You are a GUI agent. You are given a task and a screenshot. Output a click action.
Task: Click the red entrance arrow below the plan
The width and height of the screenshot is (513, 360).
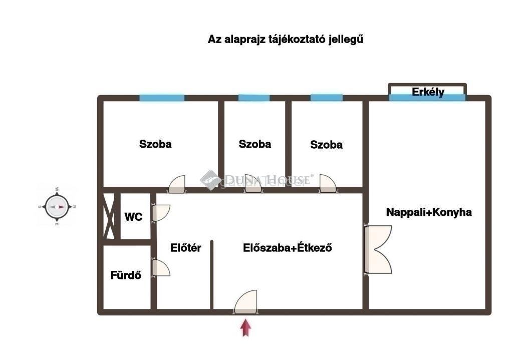[245, 328]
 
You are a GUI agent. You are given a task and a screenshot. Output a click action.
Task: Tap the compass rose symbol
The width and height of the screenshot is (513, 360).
[57, 207]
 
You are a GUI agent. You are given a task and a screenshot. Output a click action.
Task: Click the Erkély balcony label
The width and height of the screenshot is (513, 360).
[428, 92]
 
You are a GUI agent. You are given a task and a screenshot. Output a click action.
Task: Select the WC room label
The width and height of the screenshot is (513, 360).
[133, 217]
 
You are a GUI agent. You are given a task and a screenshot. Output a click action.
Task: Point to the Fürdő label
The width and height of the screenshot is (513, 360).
[126, 275]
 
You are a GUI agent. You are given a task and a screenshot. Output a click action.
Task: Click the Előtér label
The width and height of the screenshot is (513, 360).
[185, 248]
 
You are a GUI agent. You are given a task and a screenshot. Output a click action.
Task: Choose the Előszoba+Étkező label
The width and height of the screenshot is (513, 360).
[287, 248]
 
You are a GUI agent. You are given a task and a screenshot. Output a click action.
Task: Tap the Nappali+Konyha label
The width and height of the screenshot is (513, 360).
[429, 212]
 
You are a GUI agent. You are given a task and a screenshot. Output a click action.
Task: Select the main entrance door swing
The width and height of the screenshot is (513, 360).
[245, 302]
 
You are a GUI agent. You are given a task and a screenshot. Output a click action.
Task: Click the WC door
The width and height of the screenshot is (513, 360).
[161, 213]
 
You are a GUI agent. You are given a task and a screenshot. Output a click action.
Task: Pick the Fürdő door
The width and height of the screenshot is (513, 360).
[161, 268]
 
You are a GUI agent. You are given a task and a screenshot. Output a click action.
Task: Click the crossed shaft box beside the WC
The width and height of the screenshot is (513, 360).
[109, 216]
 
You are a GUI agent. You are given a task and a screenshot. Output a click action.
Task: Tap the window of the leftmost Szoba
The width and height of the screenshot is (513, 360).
[162, 98]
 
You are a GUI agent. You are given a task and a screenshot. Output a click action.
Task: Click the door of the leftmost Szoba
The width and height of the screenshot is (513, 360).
[176, 184]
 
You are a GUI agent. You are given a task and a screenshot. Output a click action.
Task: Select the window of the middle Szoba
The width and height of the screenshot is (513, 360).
[254, 98]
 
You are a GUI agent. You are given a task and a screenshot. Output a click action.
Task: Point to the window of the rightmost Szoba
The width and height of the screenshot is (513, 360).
[327, 98]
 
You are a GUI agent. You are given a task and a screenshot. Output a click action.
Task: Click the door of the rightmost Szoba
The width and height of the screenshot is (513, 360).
[328, 183]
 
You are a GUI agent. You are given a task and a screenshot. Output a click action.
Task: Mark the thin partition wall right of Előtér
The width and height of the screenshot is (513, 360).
[212, 275]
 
